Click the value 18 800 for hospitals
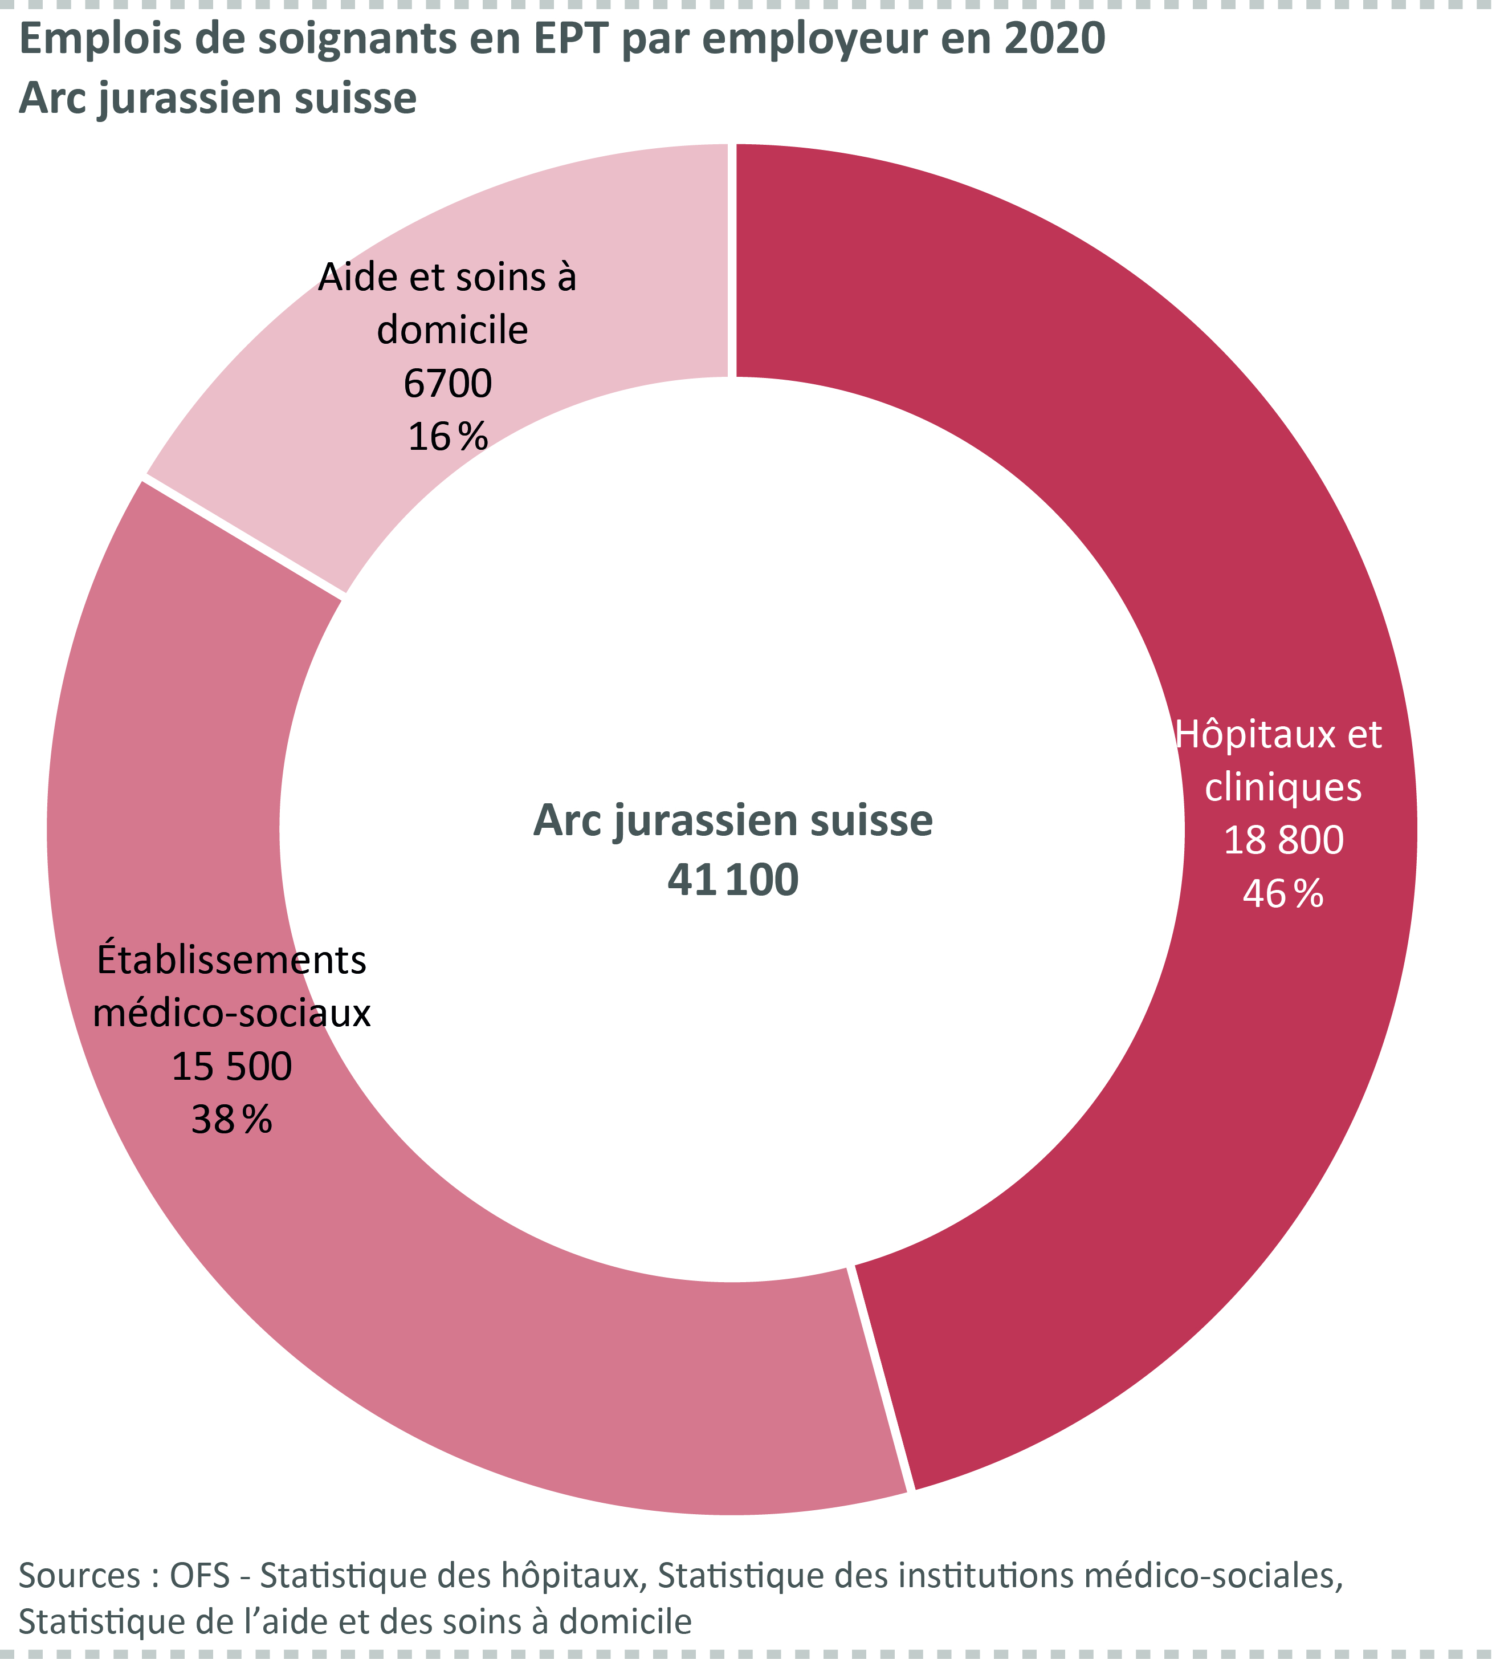click(x=1283, y=840)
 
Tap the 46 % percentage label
click(x=1282, y=893)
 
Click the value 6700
click(x=448, y=383)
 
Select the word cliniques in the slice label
click(x=1283, y=787)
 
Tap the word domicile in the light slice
click(x=452, y=331)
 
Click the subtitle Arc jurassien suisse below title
click(x=217, y=99)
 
